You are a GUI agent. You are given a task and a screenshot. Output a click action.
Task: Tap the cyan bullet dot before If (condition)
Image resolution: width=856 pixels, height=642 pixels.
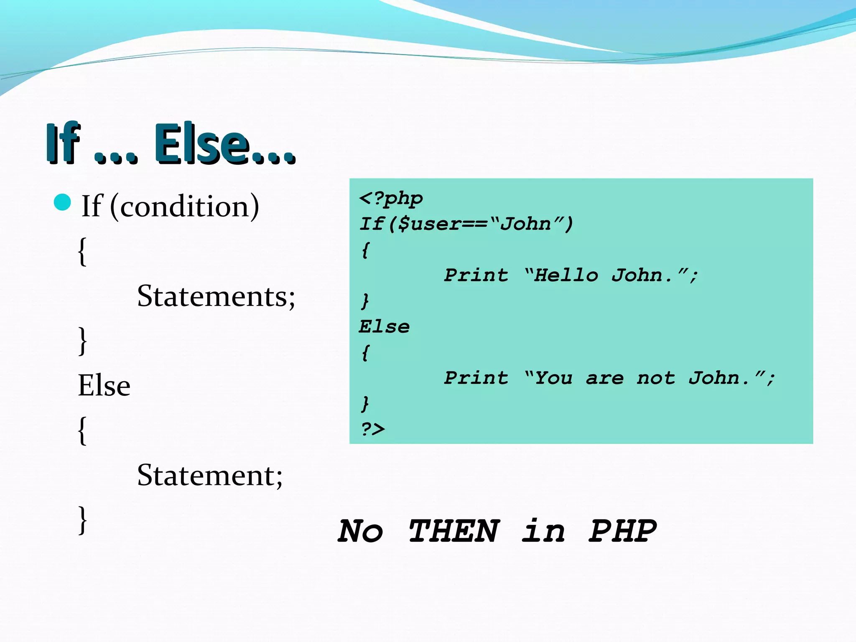pos(63,203)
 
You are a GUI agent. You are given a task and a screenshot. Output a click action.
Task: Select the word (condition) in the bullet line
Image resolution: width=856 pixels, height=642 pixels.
pos(184,206)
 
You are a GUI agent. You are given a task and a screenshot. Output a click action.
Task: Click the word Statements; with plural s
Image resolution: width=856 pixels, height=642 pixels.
pos(216,296)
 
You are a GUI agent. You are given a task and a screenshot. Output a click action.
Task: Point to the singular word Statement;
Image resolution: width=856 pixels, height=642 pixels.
pos(210,475)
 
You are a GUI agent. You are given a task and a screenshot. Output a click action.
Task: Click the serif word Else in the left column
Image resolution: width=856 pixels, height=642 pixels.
pos(104,385)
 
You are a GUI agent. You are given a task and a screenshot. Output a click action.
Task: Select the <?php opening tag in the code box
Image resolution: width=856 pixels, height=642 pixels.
pos(391,199)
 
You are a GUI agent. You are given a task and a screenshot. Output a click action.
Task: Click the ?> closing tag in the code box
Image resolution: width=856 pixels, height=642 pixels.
pos(372,429)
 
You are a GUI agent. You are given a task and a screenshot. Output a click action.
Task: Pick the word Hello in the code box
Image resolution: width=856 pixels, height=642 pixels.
pos(566,275)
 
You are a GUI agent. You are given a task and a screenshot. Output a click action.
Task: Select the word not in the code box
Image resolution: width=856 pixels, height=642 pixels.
pos(656,378)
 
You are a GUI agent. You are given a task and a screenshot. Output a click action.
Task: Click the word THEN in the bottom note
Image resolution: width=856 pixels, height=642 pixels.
pos(454,531)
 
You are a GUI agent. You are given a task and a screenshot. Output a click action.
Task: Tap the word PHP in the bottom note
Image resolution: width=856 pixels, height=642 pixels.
pos(622,531)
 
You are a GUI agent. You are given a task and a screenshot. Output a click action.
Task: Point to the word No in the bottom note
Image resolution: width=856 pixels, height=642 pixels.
pos(360,531)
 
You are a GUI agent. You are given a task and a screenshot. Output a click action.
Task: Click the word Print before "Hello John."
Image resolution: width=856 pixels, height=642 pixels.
pos(476,275)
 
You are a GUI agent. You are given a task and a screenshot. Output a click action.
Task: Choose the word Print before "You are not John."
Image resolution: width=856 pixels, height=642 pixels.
pos(476,378)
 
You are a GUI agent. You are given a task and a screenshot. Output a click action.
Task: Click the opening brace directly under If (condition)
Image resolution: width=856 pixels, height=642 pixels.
pos(83,251)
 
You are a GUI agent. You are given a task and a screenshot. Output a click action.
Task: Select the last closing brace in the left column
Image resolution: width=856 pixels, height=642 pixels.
pos(83,520)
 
